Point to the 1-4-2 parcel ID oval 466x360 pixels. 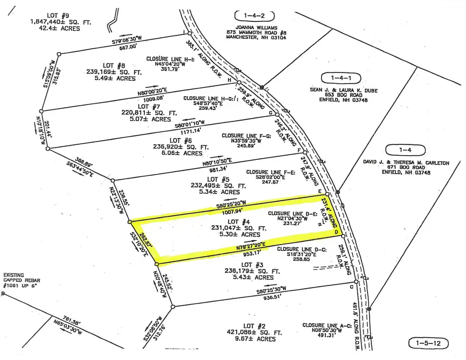pos(254,16)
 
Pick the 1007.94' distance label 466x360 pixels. pos(229,211)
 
